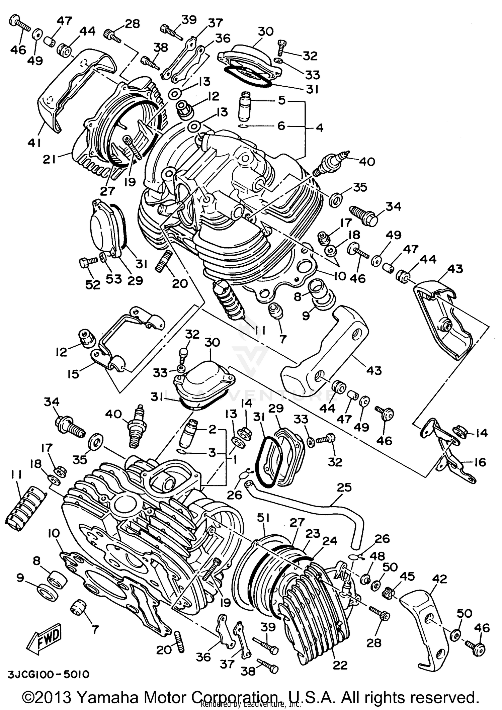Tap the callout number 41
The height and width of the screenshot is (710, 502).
pos(34,143)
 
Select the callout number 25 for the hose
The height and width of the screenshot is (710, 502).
pos(344,487)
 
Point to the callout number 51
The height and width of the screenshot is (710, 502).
pos(263,518)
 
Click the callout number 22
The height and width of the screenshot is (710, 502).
pos(340,665)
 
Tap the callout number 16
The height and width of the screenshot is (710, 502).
pos(480,462)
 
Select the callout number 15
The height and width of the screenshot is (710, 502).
pos(73,374)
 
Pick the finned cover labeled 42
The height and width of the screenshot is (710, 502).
pos(425,616)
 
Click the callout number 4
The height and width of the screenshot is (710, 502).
pos(320,127)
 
